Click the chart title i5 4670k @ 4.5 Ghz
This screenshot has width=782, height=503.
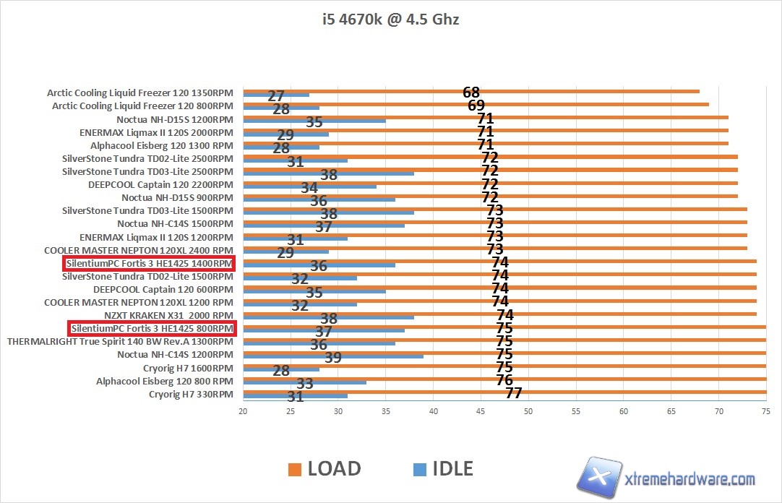390,20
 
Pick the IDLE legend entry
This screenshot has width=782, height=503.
442,468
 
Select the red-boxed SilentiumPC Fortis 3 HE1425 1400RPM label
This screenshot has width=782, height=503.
150,264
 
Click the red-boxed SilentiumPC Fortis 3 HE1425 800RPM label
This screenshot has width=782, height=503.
152,329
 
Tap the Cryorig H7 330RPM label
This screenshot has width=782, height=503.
191,394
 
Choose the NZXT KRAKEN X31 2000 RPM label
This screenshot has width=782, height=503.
168,316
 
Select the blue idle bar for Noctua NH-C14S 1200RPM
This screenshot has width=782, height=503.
333,356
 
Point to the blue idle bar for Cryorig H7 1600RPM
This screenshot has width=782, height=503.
281,369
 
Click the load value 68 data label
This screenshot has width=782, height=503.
471,92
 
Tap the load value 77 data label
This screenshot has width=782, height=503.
513,393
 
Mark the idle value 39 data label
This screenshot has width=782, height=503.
333,357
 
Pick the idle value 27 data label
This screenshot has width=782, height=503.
276,96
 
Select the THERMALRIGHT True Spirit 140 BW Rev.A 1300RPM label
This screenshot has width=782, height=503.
120,342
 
